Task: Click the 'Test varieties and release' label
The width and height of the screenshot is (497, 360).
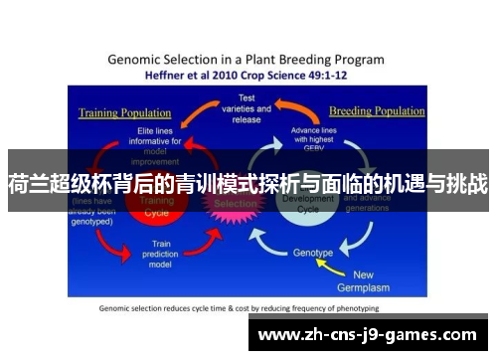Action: coord(246,108)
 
